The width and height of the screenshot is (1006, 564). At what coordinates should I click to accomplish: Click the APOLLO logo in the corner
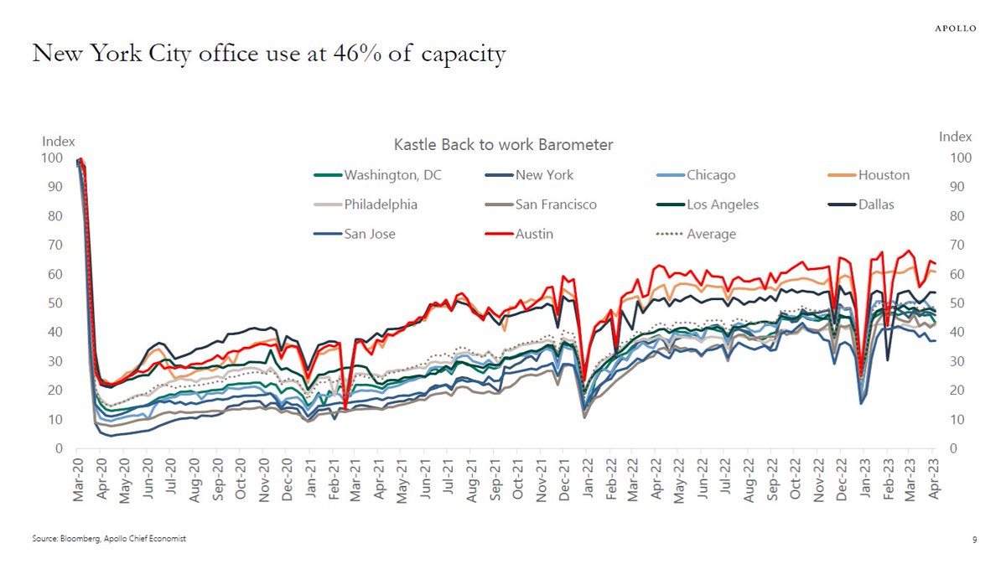pyautogui.click(x=956, y=28)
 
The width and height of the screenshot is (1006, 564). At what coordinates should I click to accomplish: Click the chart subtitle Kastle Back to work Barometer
pyautogui.click(x=503, y=145)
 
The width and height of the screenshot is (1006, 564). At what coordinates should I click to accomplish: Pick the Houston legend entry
pyautogui.click(x=869, y=175)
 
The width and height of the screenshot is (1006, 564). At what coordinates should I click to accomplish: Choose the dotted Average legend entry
pyautogui.click(x=696, y=234)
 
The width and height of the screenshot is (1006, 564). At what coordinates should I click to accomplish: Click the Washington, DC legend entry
pyautogui.click(x=376, y=175)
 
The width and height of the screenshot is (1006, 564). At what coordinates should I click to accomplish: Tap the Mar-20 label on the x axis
pyautogui.click(x=79, y=484)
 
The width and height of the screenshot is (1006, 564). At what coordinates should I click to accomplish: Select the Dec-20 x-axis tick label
pyautogui.click(x=288, y=484)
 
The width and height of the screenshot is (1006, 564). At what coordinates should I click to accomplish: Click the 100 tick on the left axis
pyautogui.click(x=52, y=158)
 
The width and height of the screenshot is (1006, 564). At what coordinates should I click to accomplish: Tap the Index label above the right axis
pyautogui.click(x=955, y=137)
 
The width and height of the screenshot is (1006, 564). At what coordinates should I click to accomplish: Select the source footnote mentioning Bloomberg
pyautogui.click(x=108, y=539)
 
